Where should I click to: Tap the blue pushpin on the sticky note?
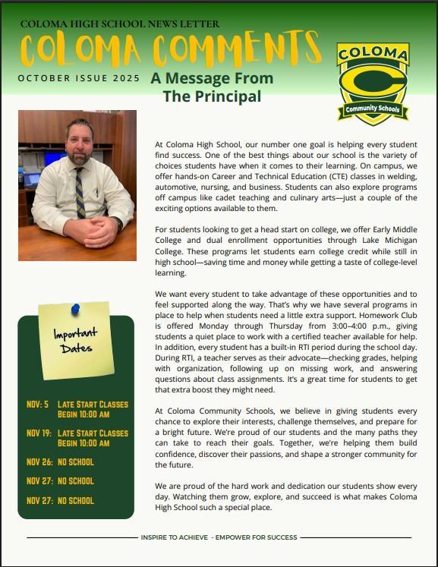click(x=75, y=309)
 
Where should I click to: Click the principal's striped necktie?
click(x=79, y=197)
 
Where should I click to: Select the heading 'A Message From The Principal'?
click(x=211, y=87)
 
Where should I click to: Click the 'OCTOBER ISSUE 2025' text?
click(x=79, y=78)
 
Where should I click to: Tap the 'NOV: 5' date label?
click(x=37, y=405)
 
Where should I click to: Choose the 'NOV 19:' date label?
click(x=39, y=433)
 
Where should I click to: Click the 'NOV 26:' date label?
click(x=39, y=461)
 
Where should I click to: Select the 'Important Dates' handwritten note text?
click(x=74, y=340)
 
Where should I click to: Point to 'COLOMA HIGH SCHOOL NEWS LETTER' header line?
click(x=119, y=24)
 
